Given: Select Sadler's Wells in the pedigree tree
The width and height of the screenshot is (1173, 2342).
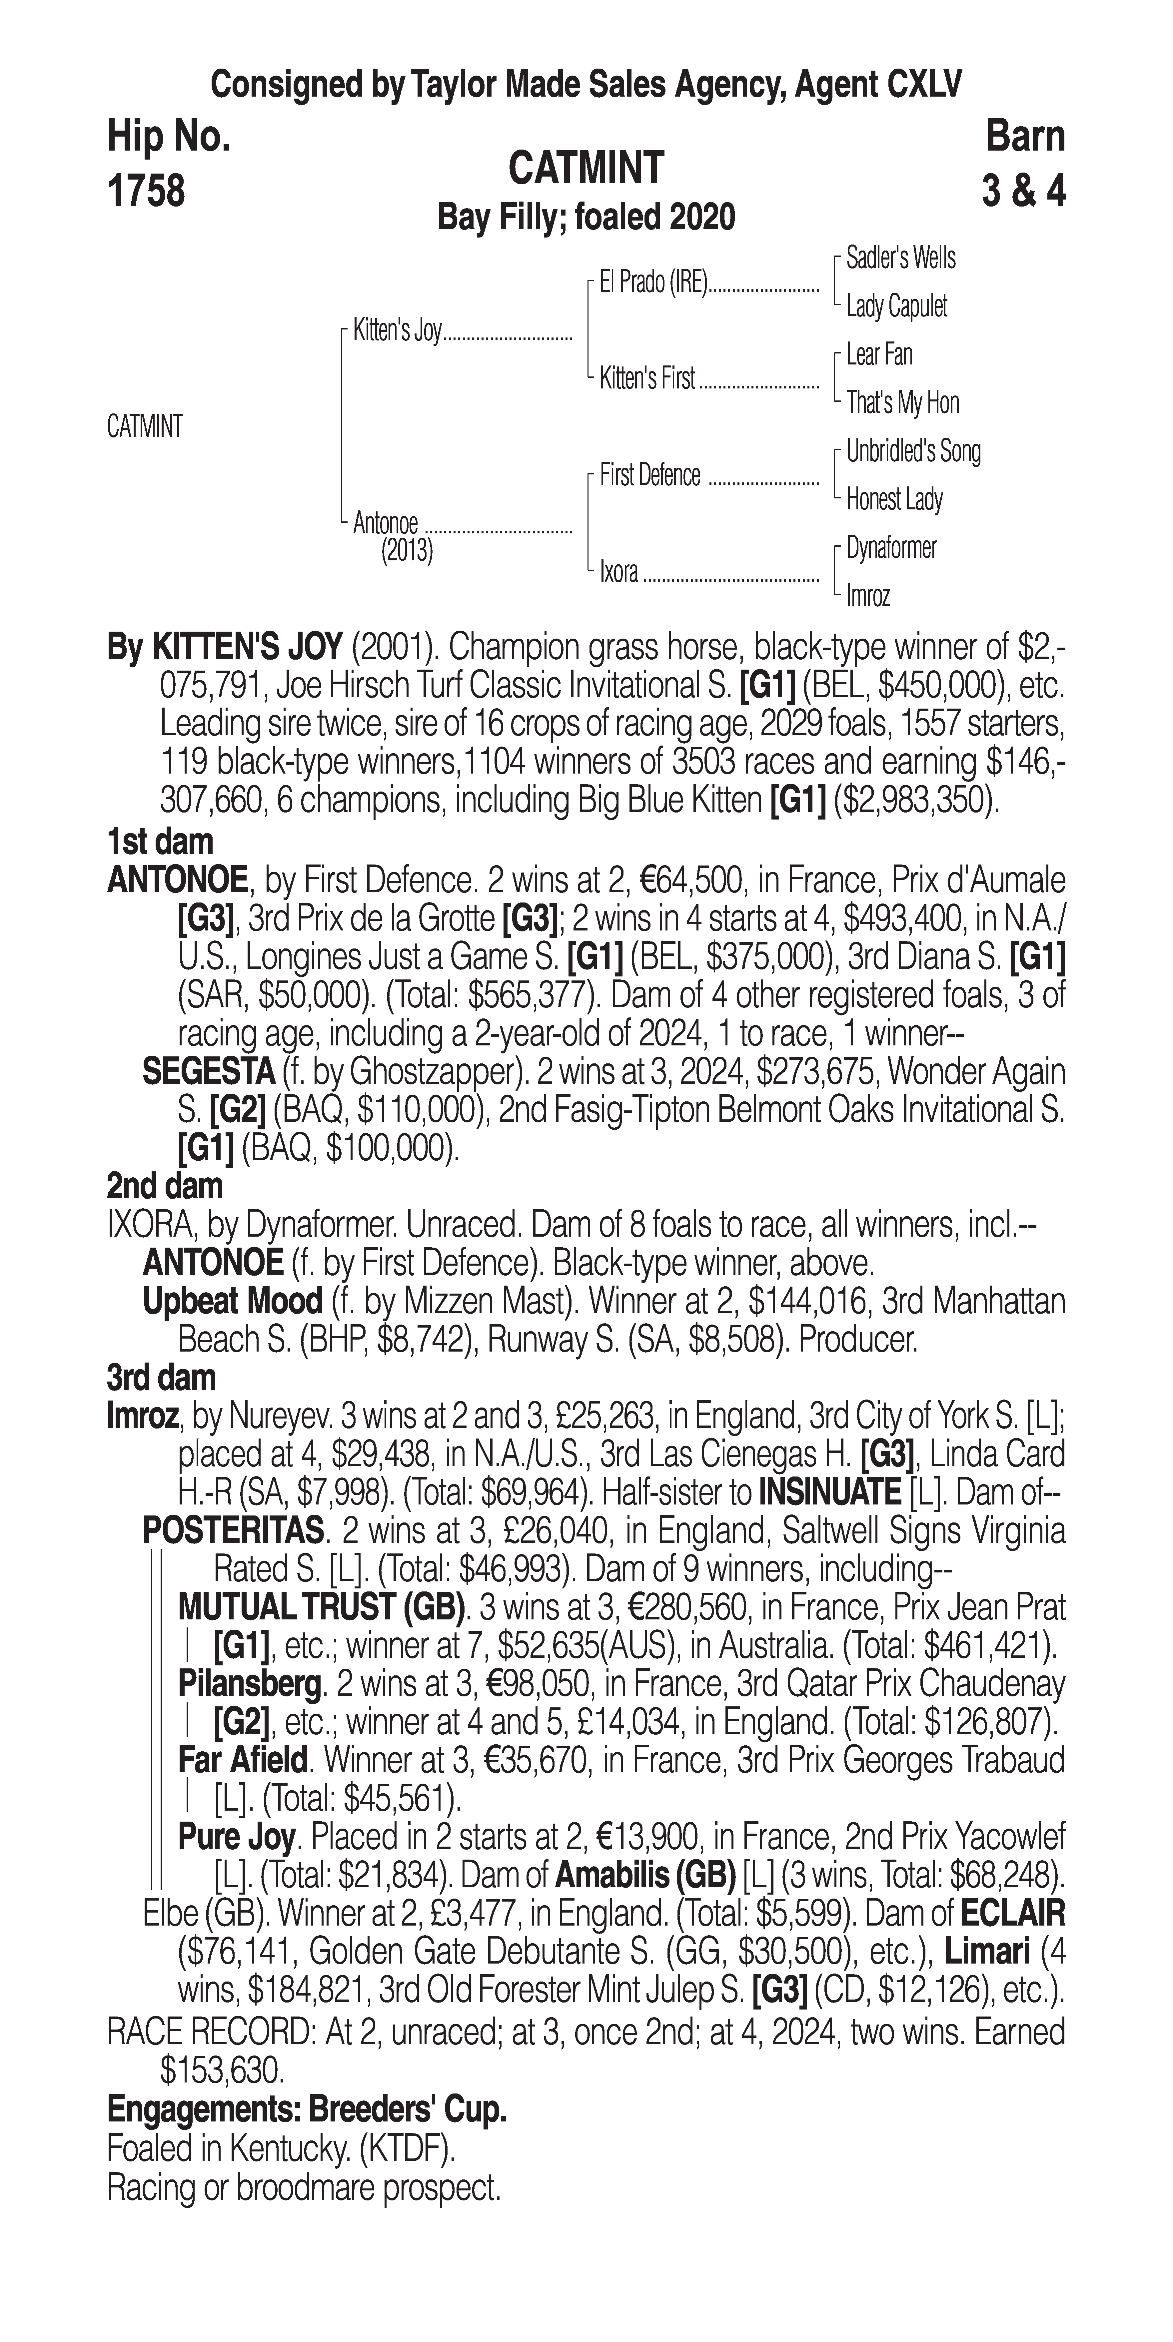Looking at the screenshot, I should [x=900, y=258].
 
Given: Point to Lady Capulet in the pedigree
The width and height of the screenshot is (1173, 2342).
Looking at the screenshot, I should [x=896, y=306].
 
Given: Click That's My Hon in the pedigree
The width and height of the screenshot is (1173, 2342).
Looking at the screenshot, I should [x=902, y=403].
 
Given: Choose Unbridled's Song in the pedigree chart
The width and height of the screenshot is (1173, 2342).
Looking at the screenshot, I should [x=913, y=451].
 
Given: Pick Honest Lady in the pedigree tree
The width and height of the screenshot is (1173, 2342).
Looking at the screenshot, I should [x=894, y=499].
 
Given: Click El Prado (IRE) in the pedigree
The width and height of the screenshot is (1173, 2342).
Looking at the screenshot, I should [x=653, y=283].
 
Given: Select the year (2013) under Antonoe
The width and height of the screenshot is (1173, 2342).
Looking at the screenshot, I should [x=407, y=551].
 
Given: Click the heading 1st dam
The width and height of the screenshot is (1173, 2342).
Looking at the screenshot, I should [x=160, y=842].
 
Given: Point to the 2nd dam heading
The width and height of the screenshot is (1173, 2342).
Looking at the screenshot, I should [x=165, y=1186].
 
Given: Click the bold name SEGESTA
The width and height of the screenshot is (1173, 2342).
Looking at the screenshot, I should [x=209, y=1072].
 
